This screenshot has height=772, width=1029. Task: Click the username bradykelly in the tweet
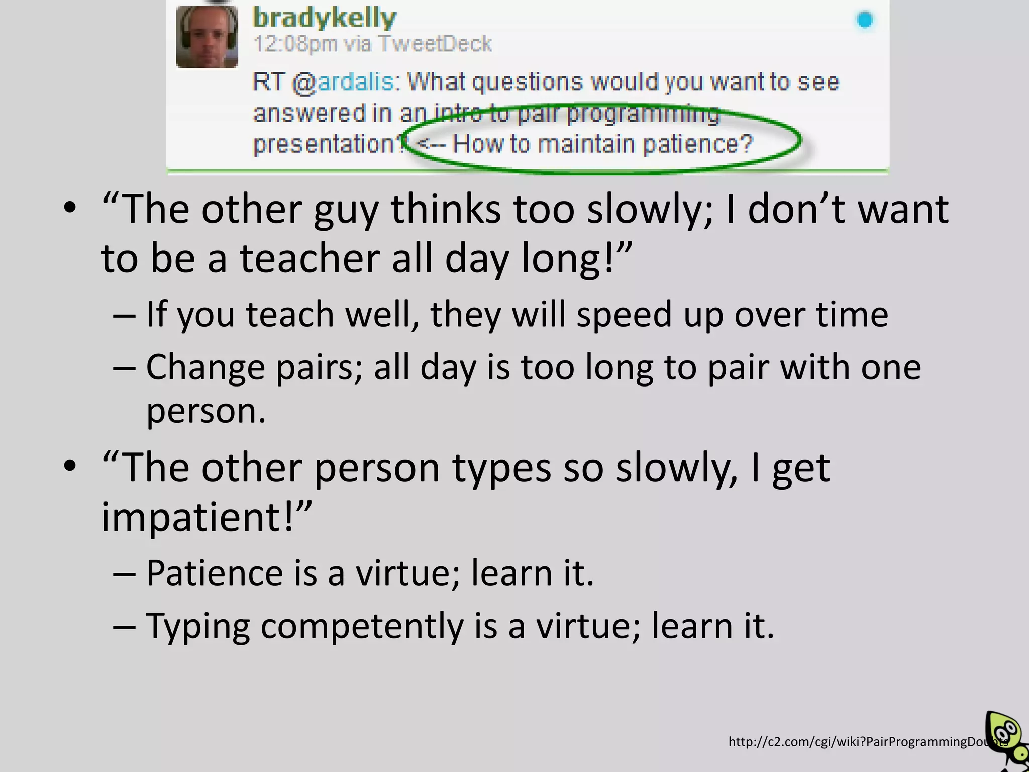[x=325, y=18]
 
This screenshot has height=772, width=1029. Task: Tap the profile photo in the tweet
[x=207, y=37]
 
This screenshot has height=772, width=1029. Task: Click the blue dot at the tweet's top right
[x=865, y=20]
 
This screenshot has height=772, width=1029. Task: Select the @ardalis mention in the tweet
[x=343, y=82]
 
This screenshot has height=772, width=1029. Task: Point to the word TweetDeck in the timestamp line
[x=435, y=44]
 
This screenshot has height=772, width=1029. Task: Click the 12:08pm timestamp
[x=295, y=44]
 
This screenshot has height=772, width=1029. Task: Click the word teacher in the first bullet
[x=309, y=258]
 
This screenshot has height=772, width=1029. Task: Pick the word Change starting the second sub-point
[x=205, y=368]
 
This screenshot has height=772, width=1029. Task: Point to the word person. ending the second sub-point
[x=205, y=411]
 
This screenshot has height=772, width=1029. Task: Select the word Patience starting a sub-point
[x=215, y=573]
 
